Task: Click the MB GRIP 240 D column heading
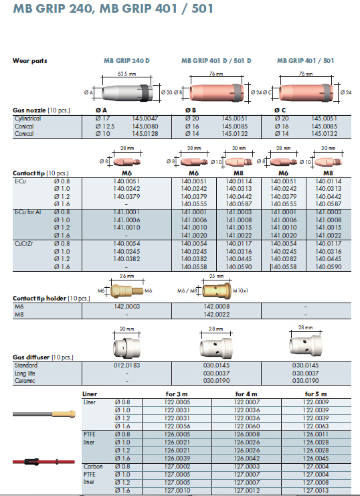126,60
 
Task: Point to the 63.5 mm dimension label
126,74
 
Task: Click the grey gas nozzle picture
127,92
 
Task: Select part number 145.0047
145,118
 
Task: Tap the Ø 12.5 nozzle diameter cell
105,127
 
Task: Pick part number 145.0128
145,133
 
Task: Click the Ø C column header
280,110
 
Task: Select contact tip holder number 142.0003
126,306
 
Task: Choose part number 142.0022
216,314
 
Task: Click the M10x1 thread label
240,291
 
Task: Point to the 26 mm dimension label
126,276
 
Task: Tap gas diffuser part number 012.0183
126,365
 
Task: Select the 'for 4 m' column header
246,394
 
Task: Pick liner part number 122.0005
177,402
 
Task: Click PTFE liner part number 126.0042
247,458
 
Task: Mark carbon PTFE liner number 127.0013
316,490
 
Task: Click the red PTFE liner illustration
43,461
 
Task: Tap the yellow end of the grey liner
64,414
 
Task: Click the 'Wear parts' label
29,61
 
